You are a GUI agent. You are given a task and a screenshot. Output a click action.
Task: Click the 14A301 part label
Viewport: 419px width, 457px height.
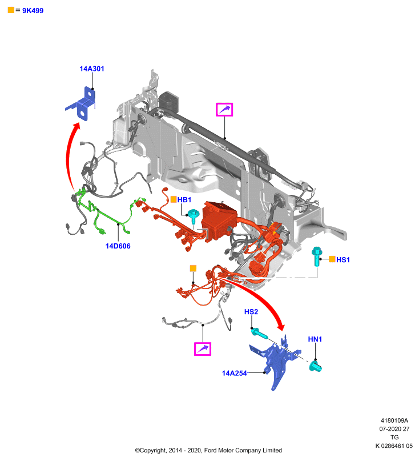92,69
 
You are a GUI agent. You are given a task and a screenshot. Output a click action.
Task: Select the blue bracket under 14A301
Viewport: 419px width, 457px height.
82,104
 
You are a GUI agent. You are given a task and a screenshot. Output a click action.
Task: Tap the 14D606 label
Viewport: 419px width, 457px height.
118,246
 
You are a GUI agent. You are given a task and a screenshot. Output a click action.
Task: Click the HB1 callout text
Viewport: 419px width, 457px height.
184,200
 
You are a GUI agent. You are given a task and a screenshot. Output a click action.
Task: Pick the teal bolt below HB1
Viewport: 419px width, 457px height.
193,216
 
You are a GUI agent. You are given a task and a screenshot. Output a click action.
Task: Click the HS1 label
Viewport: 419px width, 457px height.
343,260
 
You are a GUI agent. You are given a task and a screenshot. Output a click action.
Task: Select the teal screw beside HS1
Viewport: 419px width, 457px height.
316,256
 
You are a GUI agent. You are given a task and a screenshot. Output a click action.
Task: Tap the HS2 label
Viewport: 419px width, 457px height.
251,312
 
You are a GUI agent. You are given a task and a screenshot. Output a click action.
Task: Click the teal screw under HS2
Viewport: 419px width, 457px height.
260,333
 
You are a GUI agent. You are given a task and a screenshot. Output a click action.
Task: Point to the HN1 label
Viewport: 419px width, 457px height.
315,339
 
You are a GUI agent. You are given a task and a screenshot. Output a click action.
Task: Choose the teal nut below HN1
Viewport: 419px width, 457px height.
315,366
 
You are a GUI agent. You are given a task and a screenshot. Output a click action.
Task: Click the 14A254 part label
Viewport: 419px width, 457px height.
235,374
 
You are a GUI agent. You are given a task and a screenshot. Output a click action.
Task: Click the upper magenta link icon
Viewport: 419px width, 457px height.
224,110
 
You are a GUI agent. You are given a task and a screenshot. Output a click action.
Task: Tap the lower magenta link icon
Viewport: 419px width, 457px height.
203,349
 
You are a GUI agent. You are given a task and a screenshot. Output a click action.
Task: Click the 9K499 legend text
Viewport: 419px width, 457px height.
33,11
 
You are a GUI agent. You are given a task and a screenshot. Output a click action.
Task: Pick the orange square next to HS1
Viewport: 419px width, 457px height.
332,259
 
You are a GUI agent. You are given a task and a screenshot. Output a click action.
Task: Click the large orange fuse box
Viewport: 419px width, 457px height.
220,220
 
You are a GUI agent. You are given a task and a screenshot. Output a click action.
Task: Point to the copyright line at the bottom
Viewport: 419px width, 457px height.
208,450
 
